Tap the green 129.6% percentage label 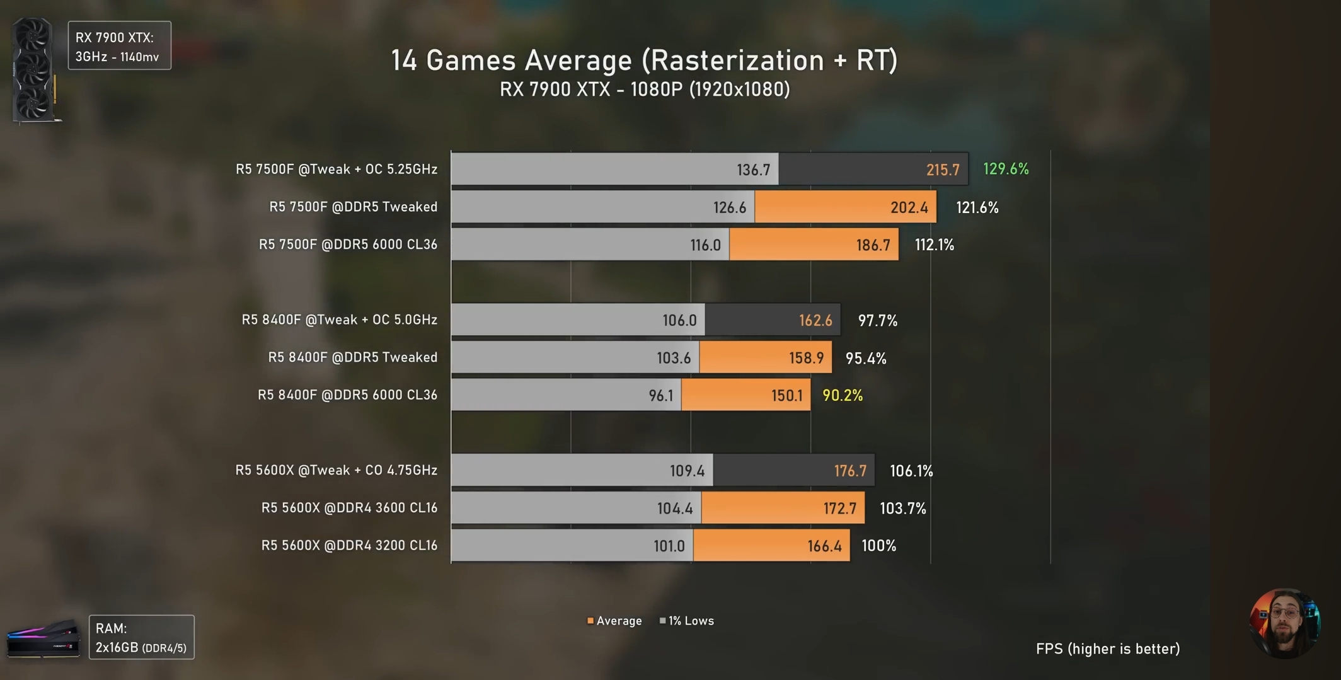pos(1006,169)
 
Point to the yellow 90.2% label pos(843,395)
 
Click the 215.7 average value pos(942,170)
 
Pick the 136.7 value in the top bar pos(753,170)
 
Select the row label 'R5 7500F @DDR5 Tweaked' pos(353,207)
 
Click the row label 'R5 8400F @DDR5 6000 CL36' pos(347,395)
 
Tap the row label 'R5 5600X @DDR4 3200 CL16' pos(349,545)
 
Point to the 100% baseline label pos(878,546)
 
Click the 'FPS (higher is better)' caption pos(1107,648)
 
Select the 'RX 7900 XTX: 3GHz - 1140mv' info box pos(119,46)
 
